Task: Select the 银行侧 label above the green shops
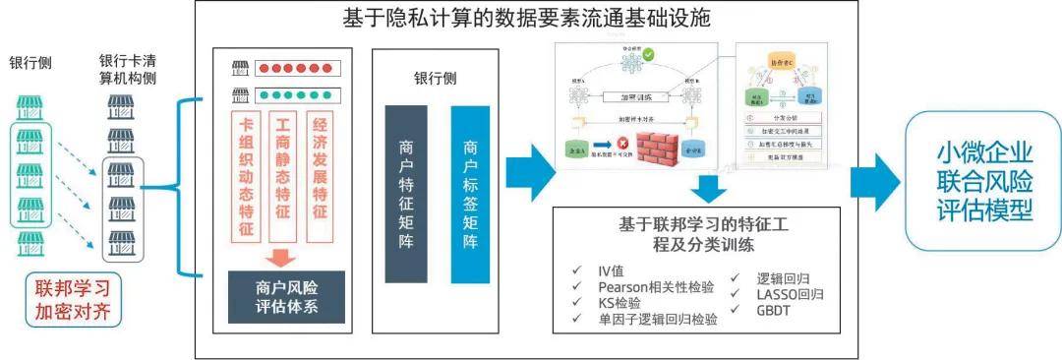click(x=30, y=64)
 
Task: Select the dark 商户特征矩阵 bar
click(x=406, y=191)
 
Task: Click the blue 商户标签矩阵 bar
click(x=470, y=191)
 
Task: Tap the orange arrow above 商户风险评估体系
click(x=283, y=258)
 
